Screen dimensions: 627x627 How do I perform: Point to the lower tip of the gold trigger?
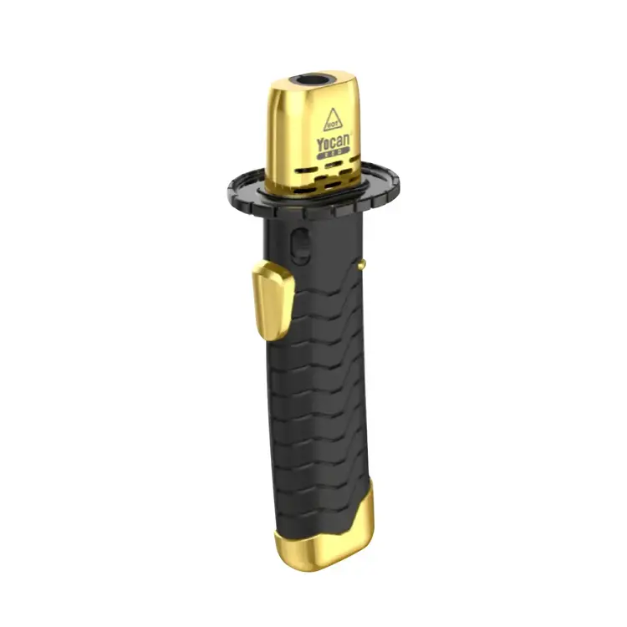(268, 337)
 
